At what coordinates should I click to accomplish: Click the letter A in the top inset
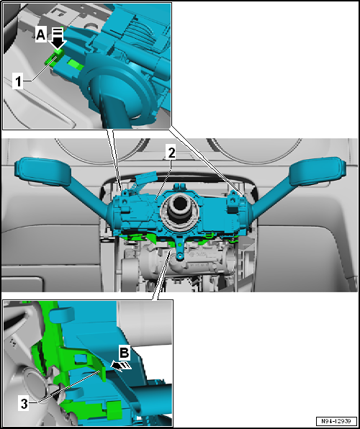click(x=41, y=33)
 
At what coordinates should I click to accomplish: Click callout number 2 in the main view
click(x=171, y=152)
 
